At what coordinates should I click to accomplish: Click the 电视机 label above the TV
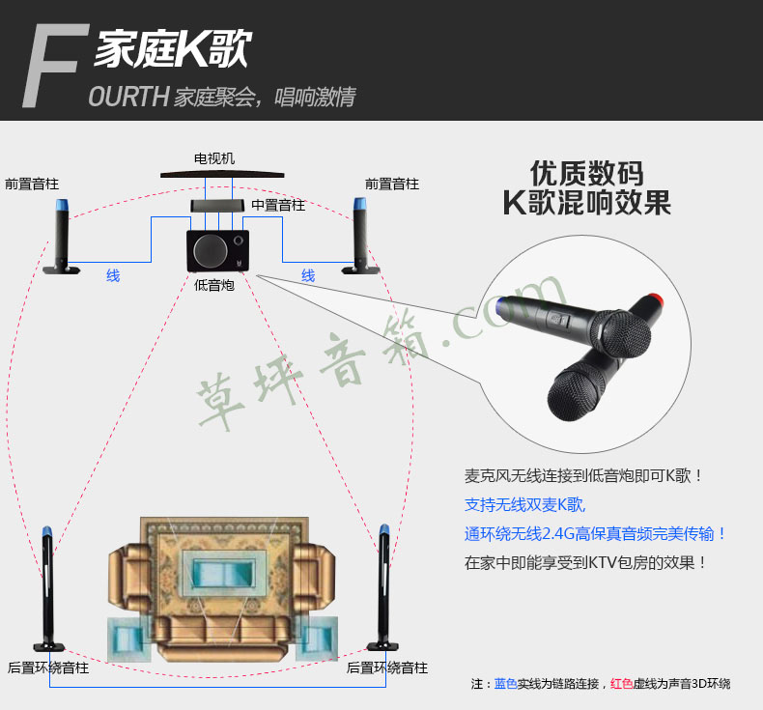pos(214,158)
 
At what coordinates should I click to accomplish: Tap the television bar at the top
pos(222,174)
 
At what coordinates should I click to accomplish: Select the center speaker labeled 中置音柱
pos(217,206)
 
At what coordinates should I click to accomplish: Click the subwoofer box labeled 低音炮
pos(218,250)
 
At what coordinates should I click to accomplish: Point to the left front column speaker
pos(62,237)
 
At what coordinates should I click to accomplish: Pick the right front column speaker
pos(360,236)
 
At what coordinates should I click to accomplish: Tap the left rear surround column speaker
pos(47,589)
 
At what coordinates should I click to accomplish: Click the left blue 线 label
pos(113,276)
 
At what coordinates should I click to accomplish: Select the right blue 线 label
pos(308,276)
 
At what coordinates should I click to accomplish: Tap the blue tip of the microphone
pos(499,305)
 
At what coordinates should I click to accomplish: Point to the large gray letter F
pos(55,66)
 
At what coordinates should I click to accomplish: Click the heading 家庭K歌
pos(173,48)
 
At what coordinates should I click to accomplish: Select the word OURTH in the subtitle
pos(128,97)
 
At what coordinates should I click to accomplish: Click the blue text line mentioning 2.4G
pos(595,534)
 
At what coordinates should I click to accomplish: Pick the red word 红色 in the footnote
pos(621,684)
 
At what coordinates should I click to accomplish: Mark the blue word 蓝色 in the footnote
pos(505,684)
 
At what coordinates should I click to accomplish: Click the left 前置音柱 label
pos(32,184)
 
